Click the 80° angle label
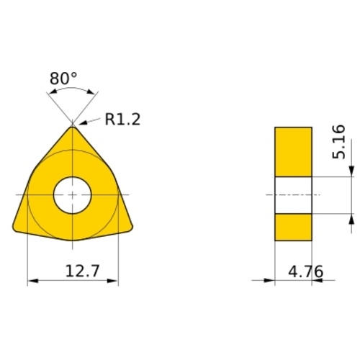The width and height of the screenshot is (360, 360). [x=63, y=78]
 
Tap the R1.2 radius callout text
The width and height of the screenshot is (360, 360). [x=122, y=119]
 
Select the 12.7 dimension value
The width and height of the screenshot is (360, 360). [x=82, y=271]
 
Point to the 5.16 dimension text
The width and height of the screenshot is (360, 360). [x=338, y=142]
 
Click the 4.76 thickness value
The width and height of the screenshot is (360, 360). [x=305, y=271]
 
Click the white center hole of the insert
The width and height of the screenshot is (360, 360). [x=73, y=195]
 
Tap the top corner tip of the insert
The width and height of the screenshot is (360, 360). [x=73, y=127]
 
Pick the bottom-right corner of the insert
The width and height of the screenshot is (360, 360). [x=131, y=228]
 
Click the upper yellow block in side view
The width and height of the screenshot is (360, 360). [x=293, y=152]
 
